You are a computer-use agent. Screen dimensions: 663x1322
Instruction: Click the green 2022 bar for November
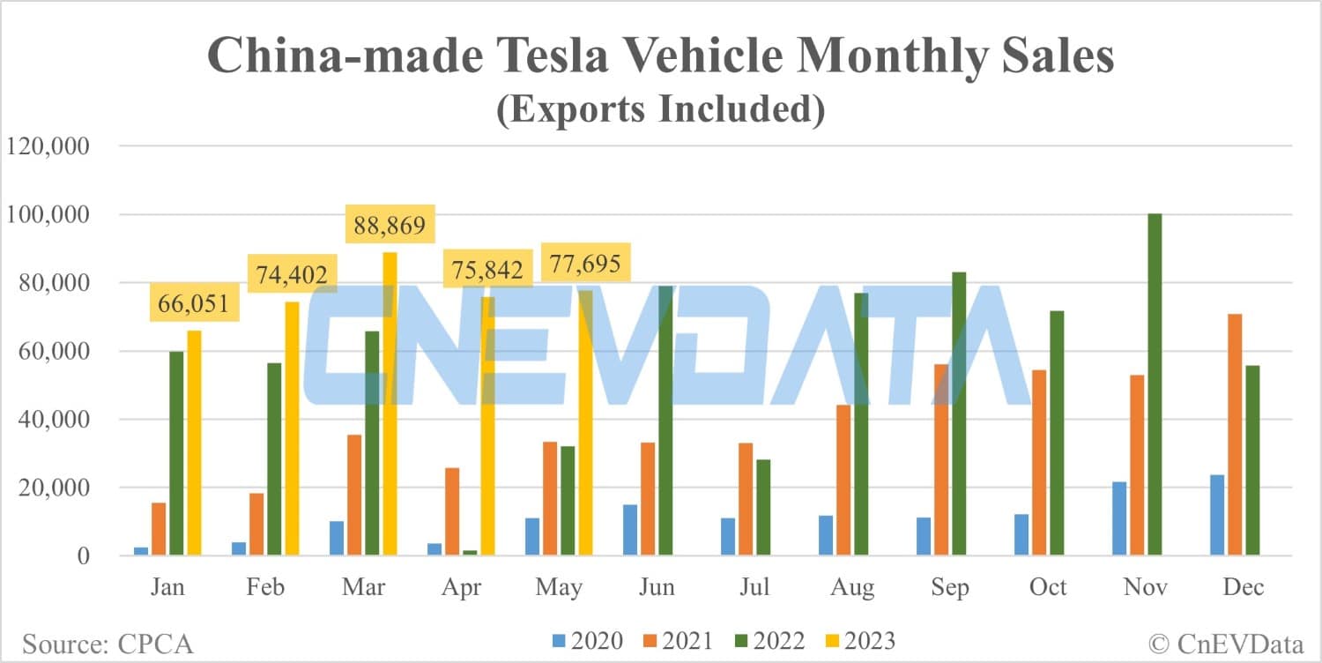(x=1155, y=384)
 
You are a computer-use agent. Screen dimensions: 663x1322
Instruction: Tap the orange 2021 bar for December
(x=1235, y=435)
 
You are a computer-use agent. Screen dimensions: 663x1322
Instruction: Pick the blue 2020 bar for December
(x=1217, y=515)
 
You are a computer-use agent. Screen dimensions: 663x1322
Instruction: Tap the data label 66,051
(x=193, y=304)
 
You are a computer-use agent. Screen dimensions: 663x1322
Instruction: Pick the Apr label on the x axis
(x=462, y=588)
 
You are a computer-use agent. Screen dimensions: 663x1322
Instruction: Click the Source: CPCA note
(x=108, y=644)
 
